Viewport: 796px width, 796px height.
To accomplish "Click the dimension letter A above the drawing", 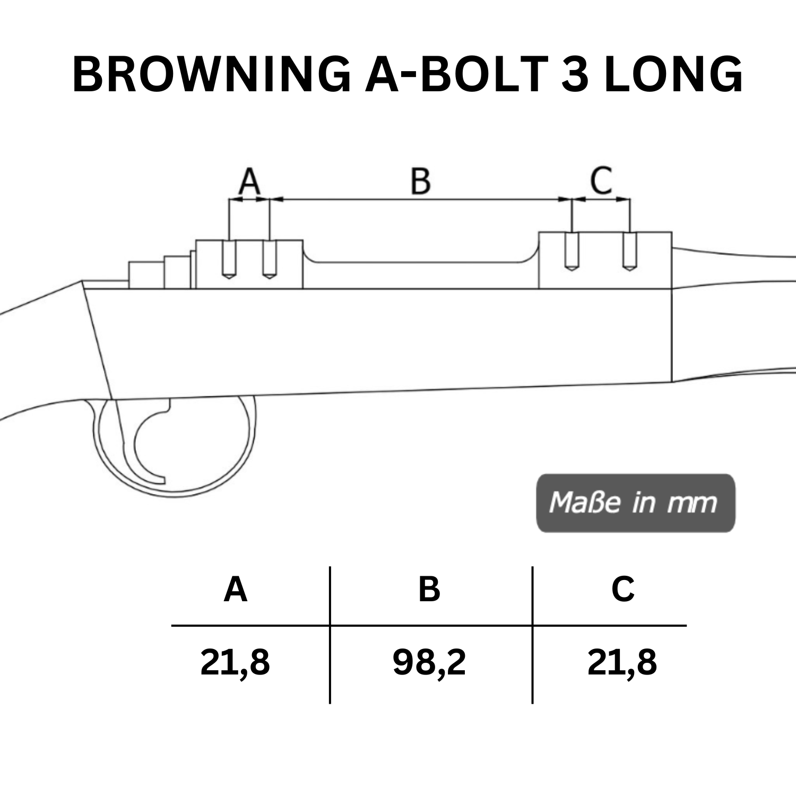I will click(x=249, y=181).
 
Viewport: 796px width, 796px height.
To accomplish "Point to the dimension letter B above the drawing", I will click(x=420, y=181).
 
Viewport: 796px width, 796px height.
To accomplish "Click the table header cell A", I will click(x=236, y=590).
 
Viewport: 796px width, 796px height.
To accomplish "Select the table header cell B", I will click(x=429, y=590).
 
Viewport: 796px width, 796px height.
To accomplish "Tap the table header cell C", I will click(x=622, y=590).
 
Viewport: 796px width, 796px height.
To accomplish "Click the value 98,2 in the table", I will click(x=429, y=663).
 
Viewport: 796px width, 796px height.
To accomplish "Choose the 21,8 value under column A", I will click(x=235, y=663).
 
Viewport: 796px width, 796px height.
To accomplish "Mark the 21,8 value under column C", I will click(x=622, y=663).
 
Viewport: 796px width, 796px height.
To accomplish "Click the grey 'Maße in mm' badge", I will click(x=635, y=503).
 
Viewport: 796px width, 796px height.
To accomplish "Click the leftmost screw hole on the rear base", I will click(x=229, y=259).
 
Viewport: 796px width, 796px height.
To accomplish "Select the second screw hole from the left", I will click(x=270, y=259).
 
